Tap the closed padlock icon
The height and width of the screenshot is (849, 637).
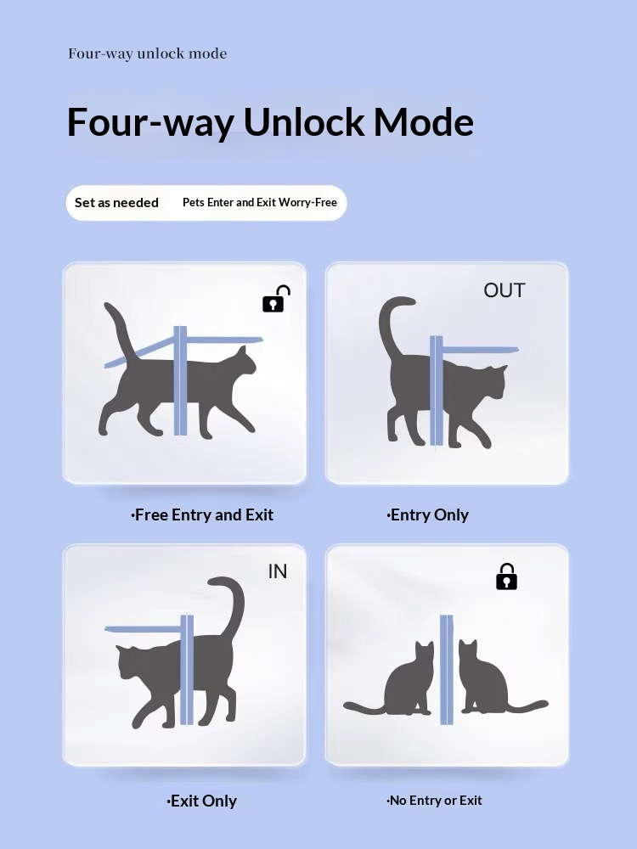tap(506, 577)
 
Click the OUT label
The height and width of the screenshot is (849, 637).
tap(505, 290)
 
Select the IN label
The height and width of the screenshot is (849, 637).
tap(278, 571)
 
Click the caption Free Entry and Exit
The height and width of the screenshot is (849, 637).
tap(202, 514)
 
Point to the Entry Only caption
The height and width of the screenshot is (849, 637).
tap(427, 515)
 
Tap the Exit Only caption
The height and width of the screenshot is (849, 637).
tap(201, 801)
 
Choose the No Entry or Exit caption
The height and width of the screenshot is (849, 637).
tap(434, 801)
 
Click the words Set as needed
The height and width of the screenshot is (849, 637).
tap(116, 203)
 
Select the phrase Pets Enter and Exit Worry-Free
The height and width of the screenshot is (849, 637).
tap(259, 203)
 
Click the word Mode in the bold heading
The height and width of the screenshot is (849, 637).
tap(424, 121)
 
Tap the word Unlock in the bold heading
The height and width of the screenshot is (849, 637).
tap(304, 121)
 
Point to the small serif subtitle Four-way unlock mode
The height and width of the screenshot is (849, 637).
tap(147, 53)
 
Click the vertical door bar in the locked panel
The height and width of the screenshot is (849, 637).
tap(447, 670)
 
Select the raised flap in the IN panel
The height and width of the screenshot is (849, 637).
tap(143, 630)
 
